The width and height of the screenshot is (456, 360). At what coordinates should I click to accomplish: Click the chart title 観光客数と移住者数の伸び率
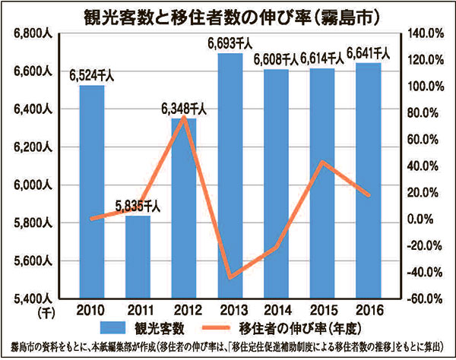pyautogui.click(x=228, y=14)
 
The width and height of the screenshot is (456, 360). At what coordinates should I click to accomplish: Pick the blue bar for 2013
pyautogui.click(x=230, y=175)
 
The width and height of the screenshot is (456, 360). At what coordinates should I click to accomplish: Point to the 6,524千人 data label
pyautogui.click(x=92, y=76)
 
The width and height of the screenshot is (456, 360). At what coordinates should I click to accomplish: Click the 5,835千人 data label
pyautogui.click(x=138, y=206)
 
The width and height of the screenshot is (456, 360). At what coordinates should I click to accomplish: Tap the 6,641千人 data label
pyautogui.click(x=369, y=53)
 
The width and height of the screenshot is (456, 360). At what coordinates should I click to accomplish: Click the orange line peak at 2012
pyautogui.click(x=184, y=117)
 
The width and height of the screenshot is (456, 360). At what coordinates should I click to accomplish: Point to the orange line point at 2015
pyautogui.click(x=322, y=162)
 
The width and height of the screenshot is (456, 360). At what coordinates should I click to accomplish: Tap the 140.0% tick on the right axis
pyautogui.click(x=425, y=33)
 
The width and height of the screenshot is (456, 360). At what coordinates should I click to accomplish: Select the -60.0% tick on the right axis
pyautogui.click(x=425, y=298)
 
